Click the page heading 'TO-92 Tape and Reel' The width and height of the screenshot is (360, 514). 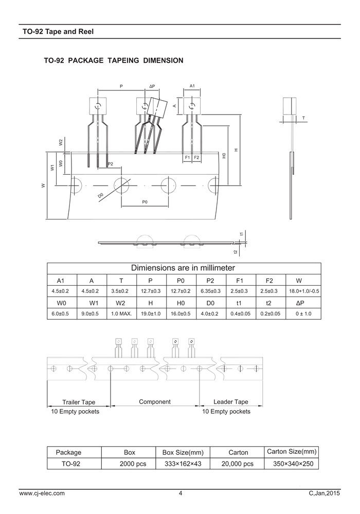[58, 31]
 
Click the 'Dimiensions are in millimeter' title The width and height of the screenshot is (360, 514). [183, 268]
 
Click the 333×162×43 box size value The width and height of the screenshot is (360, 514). [183, 464]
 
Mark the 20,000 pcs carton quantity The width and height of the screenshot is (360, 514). [238, 464]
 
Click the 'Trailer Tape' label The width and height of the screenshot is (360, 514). [79, 402]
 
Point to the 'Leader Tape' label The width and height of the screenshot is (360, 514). [231, 402]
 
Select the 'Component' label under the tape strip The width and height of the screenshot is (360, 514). [155, 401]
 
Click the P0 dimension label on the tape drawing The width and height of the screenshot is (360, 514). [145, 203]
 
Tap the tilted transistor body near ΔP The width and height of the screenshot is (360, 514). [157, 107]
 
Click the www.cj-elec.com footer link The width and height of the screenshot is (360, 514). [42, 493]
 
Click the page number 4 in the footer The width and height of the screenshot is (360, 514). [181, 493]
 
